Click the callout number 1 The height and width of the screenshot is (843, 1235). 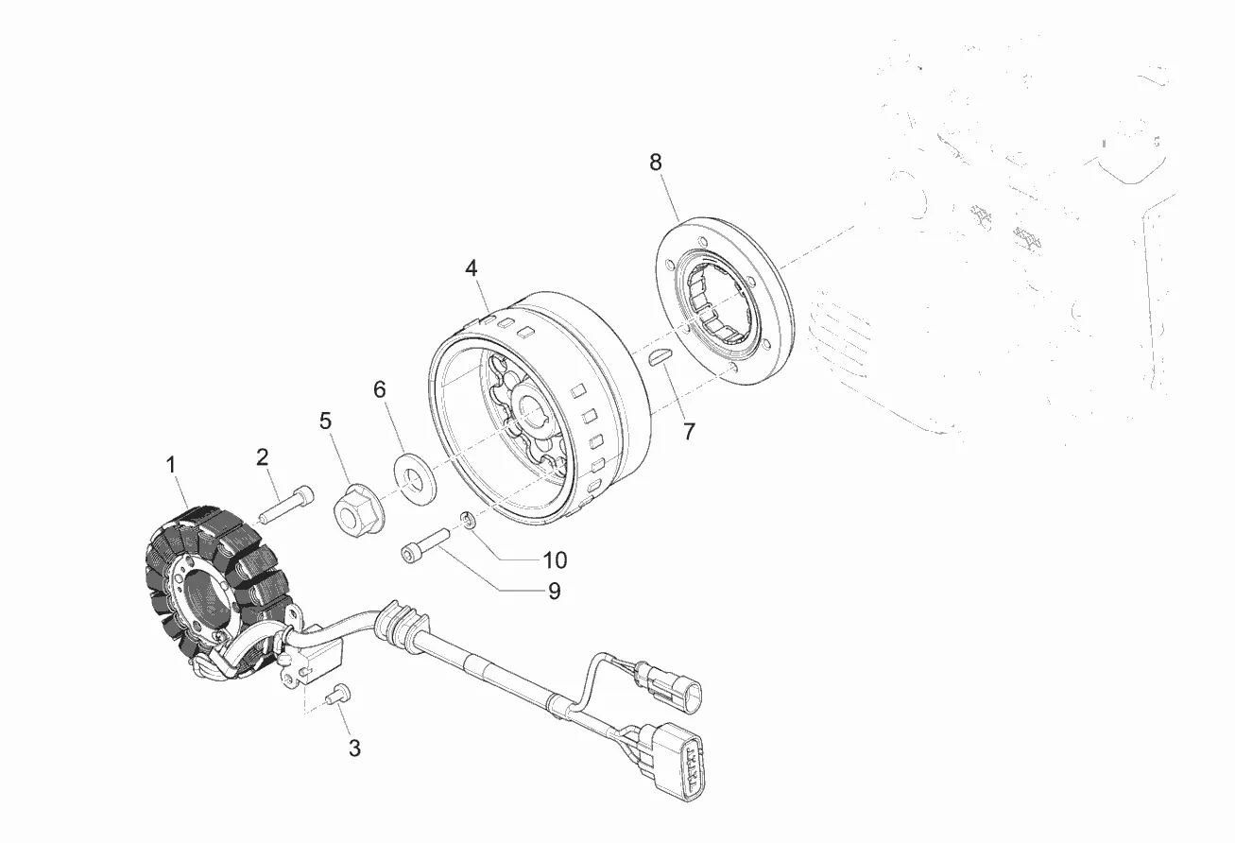point(171,465)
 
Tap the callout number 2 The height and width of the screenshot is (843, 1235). point(263,457)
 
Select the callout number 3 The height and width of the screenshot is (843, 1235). point(354,748)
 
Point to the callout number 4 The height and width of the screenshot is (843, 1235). point(472,267)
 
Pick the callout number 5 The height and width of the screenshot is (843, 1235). point(326,421)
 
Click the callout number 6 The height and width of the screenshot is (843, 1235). point(380,389)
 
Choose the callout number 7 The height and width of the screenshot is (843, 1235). point(689,432)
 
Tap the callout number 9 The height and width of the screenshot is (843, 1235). point(554,592)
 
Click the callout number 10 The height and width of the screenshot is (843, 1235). point(555,559)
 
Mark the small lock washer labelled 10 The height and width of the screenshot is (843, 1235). point(467,520)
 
